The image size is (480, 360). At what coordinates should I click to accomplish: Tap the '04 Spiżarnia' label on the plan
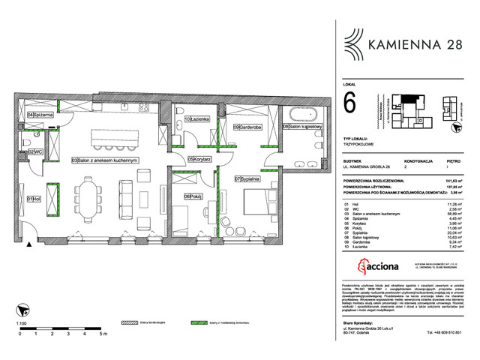tap(40, 115)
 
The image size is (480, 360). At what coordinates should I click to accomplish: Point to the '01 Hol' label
tap(33, 199)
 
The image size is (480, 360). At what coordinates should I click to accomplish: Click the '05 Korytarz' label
tap(201, 159)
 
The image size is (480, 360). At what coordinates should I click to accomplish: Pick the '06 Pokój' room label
tap(181, 196)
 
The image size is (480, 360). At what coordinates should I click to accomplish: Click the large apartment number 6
tap(349, 102)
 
